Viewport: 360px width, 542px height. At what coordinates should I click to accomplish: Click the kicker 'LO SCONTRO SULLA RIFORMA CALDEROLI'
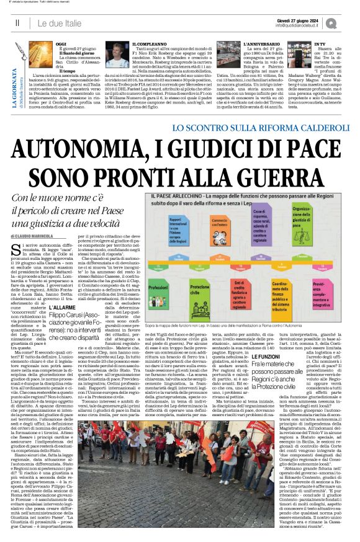249,128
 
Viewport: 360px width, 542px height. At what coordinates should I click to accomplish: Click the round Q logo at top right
350,22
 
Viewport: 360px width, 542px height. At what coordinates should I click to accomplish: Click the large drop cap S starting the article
15,250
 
